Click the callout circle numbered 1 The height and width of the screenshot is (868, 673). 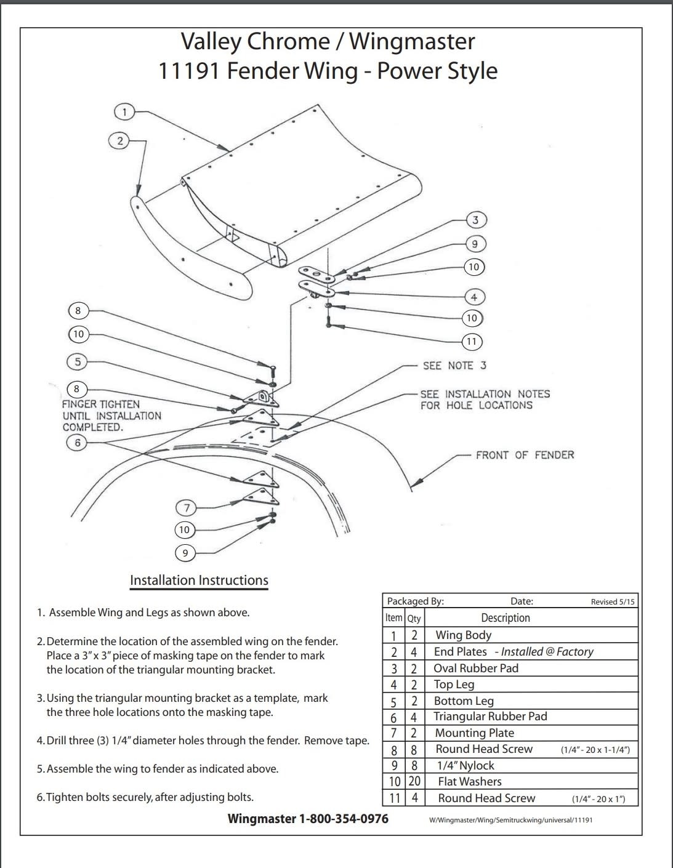(x=124, y=112)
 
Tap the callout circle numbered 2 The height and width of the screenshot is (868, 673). (x=119, y=141)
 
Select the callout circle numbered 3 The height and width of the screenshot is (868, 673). (x=475, y=220)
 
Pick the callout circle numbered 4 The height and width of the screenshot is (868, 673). (x=474, y=297)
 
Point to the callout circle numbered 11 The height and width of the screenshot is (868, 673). (x=472, y=342)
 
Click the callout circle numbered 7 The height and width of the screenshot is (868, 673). (x=187, y=508)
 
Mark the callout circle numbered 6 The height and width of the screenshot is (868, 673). (x=77, y=443)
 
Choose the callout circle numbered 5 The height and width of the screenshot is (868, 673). (x=77, y=361)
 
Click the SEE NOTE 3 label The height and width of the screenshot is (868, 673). (x=454, y=366)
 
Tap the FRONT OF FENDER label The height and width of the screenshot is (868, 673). (x=524, y=455)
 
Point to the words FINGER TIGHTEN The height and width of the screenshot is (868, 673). (x=100, y=404)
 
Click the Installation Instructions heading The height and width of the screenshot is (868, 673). (x=199, y=581)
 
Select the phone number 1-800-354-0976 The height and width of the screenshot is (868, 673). (x=344, y=819)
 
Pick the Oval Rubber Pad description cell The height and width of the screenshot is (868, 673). (x=475, y=669)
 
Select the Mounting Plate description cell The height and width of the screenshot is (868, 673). (x=474, y=733)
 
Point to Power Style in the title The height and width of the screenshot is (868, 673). (x=437, y=71)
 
